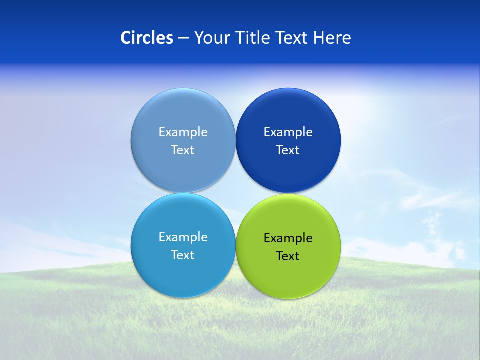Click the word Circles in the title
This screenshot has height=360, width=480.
click(147, 38)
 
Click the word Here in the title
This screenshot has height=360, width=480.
click(332, 38)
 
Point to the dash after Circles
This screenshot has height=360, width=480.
click(183, 38)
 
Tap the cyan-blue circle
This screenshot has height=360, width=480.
click(183, 272)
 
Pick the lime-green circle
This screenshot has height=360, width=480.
click(288, 275)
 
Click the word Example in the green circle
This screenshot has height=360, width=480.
click(288, 238)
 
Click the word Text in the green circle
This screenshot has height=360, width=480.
click(288, 256)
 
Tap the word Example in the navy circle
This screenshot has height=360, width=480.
click(288, 132)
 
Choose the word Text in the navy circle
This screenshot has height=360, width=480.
click(288, 150)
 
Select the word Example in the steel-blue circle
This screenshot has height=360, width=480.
click(183, 132)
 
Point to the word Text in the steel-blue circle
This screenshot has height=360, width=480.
click(183, 150)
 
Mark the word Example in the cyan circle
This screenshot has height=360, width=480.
click(183, 237)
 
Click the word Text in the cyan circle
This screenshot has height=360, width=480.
click(183, 255)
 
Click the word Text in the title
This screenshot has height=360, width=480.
click(292, 38)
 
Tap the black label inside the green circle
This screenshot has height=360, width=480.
click(288, 247)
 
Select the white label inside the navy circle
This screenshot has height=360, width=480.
click(288, 141)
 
